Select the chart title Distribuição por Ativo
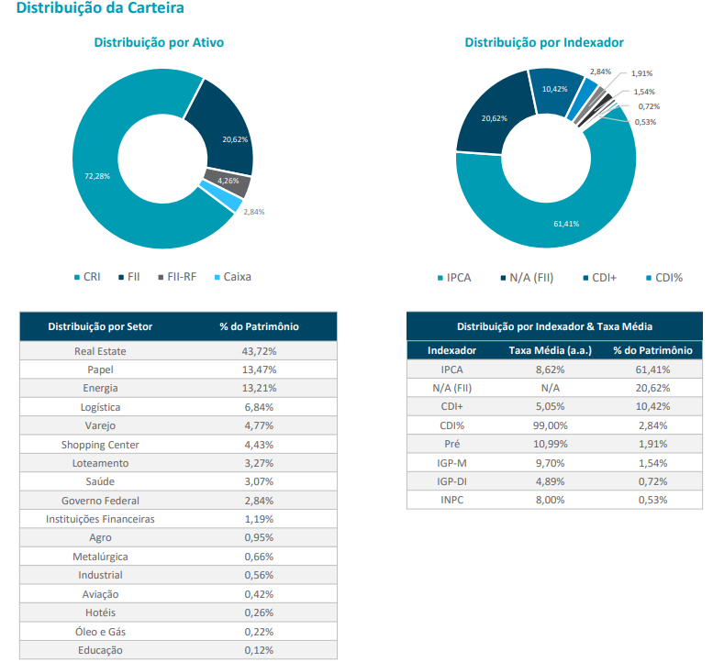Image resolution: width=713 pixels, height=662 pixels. click(x=159, y=42)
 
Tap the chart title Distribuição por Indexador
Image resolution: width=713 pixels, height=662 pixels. click(x=544, y=42)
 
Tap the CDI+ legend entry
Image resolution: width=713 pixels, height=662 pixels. click(x=601, y=276)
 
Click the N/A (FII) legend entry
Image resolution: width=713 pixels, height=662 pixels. click(x=528, y=276)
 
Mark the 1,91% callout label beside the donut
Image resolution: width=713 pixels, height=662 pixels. click(x=641, y=73)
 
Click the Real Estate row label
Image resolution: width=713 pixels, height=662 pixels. click(x=100, y=351)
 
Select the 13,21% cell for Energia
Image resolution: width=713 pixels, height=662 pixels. click(x=260, y=388)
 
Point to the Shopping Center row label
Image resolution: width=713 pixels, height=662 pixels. click(x=100, y=445)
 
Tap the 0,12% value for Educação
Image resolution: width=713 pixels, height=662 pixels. click(x=260, y=650)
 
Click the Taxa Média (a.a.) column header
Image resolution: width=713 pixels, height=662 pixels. click(x=550, y=350)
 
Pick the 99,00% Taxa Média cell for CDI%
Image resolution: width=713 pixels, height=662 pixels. click(x=550, y=425)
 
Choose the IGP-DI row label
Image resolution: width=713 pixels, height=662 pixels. click(x=451, y=481)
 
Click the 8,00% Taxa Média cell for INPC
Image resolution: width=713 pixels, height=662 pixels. click(x=550, y=500)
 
